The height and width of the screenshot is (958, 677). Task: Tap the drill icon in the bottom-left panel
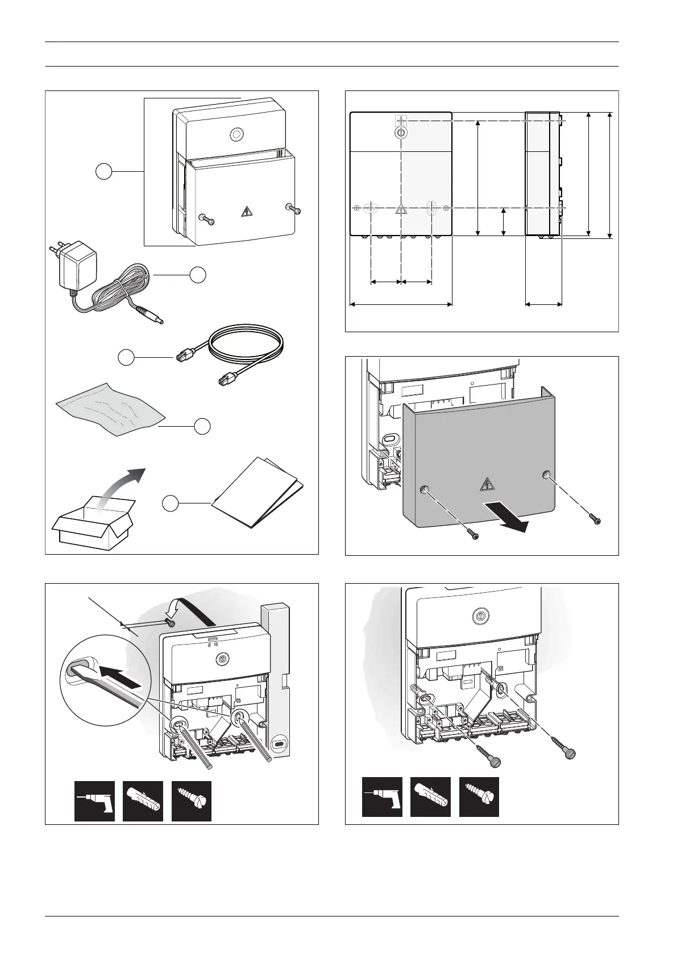tap(94, 801)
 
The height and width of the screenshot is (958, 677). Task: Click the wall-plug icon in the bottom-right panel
tap(430, 797)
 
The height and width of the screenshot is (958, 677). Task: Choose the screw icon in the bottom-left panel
tap(192, 801)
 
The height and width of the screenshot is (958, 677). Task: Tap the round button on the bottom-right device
tap(479, 615)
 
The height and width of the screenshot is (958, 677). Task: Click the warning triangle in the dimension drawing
tap(401, 209)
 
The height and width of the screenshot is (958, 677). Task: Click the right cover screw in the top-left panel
tap(294, 209)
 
